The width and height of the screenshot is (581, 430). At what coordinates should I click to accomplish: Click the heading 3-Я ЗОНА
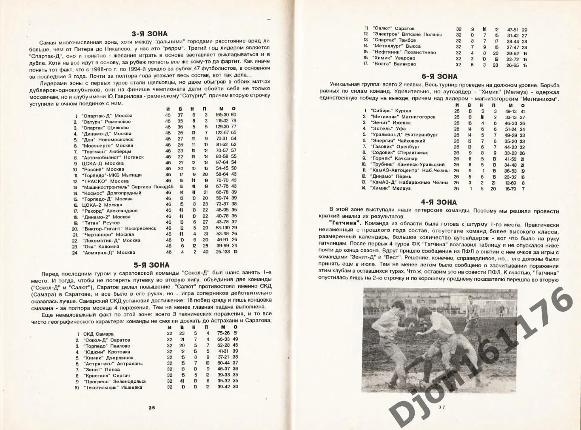pyautogui.click(x=149, y=34)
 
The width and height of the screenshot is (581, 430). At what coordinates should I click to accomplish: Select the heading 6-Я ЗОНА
pyautogui.click(x=439, y=77)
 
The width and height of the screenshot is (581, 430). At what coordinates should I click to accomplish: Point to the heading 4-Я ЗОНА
pyautogui.click(x=439, y=202)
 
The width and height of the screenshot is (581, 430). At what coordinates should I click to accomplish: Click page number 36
pyautogui.click(x=151, y=407)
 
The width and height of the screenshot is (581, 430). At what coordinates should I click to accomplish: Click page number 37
pyautogui.click(x=441, y=407)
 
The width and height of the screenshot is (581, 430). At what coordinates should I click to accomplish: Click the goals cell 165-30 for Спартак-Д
pyautogui.click(x=222, y=115)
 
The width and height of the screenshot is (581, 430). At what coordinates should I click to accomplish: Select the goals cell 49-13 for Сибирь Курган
pyautogui.click(x=511, y=111)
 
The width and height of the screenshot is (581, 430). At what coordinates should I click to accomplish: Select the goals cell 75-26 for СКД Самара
pyautogui.click(x=223, y=333)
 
